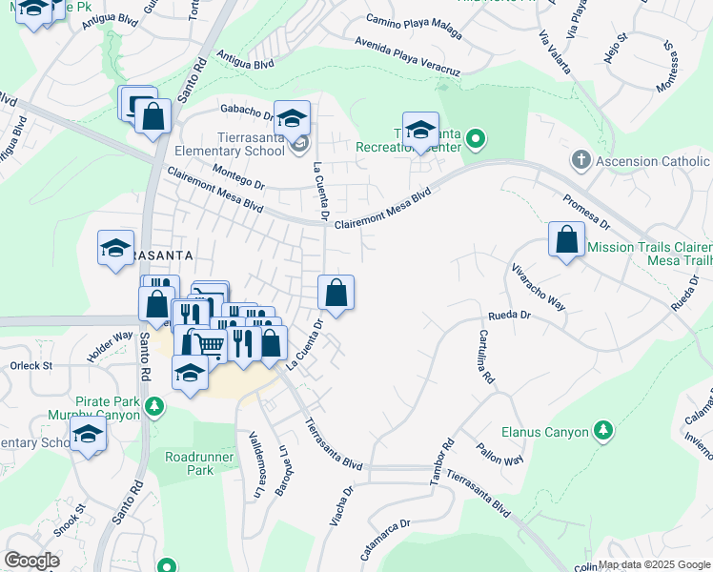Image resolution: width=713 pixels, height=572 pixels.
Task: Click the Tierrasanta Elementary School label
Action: click(x=229, y=144)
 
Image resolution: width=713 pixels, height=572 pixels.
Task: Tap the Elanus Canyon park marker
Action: click(x=602, y=432)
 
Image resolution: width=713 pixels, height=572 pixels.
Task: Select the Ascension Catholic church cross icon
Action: click(x=581, y=161)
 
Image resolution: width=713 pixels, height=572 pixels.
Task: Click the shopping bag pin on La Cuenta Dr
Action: click(x=336, y=292)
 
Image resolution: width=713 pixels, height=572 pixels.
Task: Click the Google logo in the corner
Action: click(x=31, y=560)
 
